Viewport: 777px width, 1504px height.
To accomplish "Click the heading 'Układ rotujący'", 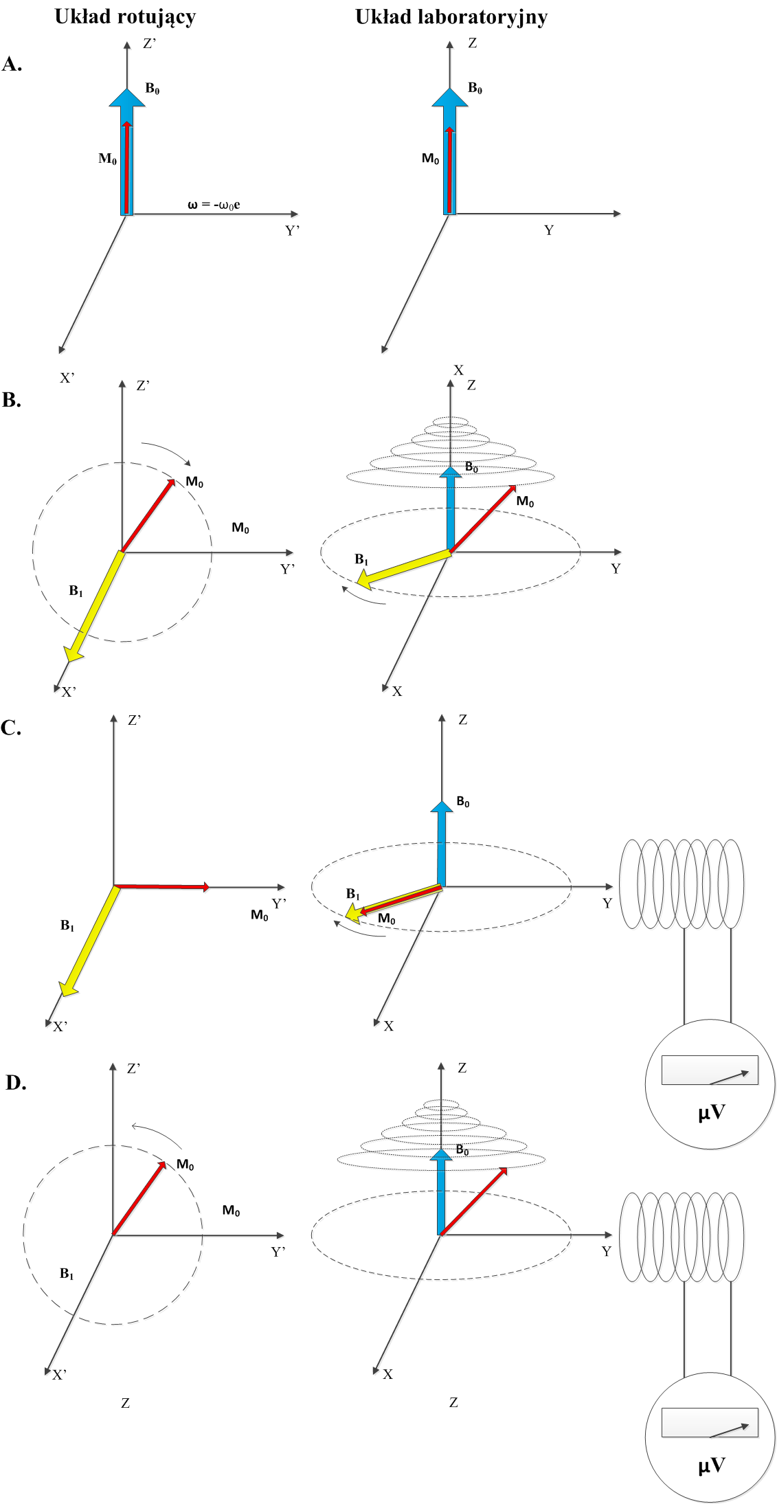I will [125, 16].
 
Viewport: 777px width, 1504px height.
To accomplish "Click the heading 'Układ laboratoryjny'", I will [451, 16].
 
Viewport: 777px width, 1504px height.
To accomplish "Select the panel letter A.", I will [12, 65].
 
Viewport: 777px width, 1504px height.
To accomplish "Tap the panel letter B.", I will [12, 400].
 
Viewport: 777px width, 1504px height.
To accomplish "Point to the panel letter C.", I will [11, 728].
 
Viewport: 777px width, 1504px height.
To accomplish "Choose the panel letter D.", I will [16, 1083].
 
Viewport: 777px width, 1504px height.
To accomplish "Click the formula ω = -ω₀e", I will [214, 205].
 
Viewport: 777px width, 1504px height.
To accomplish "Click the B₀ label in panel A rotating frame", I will [153, 89].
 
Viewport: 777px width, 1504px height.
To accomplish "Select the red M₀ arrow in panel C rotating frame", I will [161, 887].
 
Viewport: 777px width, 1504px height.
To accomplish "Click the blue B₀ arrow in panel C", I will [441, 845].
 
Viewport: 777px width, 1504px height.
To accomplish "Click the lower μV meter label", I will [711, 1466].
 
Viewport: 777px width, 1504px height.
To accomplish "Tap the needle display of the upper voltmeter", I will [709, 1070].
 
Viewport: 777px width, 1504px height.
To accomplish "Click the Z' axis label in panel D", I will [134, 1068].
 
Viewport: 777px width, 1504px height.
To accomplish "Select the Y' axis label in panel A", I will [293, 231].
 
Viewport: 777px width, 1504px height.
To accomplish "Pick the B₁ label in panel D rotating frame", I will [67, 1274].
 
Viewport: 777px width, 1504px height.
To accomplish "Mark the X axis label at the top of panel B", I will [458, 370].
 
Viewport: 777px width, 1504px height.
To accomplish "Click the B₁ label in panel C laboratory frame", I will [352, 894].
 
